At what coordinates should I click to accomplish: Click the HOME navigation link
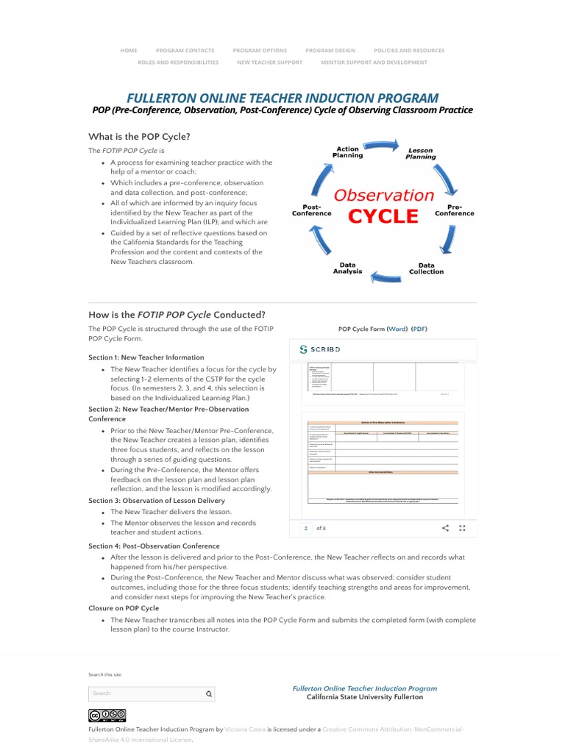click(x=129, y=51)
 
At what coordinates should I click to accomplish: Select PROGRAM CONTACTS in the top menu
click(x=185, y=51)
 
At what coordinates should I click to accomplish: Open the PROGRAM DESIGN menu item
click(x=330, y=51)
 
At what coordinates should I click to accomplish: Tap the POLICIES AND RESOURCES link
click(x=409, y=51)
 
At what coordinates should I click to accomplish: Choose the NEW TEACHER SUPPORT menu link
click(x=269, y=63)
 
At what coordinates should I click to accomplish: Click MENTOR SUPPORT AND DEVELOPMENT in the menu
click(x=374, y=63)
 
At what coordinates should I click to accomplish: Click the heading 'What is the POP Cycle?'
click(x=139, y=137)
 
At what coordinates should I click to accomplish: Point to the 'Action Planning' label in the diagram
click(x=347, y=152)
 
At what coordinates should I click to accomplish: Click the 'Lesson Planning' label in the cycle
click(x=421, y=153)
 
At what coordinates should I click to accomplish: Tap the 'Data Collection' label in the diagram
click(x=427, y=268)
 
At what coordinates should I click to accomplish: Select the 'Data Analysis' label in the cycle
click(x=347, y=268)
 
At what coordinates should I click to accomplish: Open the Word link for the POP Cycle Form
click(x=397, y=329)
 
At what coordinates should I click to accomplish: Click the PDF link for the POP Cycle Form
click(x=419, y=329)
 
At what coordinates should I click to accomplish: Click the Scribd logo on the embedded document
click(x=320, y=349)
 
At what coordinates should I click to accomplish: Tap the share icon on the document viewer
click(x=445, y=528)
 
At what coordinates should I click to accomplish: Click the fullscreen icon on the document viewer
click(x=463, y=528)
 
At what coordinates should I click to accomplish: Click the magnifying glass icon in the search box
click(x=208, y=693)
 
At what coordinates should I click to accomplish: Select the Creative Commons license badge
click(x=107, y=715)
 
